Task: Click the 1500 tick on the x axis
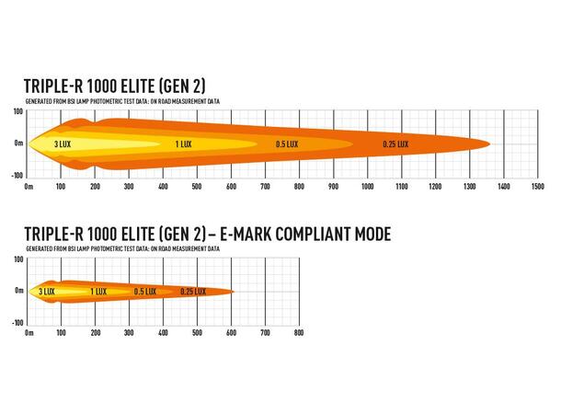[537, 187]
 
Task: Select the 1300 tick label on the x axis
[469, 187]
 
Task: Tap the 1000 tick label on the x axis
[368, 187]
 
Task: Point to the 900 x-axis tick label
[334, 187]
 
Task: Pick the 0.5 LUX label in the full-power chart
[287, 144]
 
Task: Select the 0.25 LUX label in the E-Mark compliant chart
[192, 292]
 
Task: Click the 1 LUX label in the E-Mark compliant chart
[98, 292]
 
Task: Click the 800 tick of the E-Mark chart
[298, 333]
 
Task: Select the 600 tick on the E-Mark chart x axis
[232, 333]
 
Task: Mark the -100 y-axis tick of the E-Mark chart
[17, 323]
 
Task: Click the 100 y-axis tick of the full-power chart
[17, 111]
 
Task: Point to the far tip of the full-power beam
[490, 144]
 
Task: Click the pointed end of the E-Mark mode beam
[235, 292]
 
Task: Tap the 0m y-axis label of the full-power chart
[18, 144]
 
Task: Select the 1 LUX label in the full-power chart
[183, 144]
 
